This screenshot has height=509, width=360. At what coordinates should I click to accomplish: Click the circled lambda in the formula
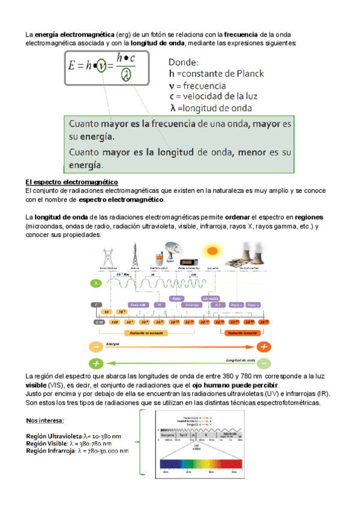[x=126, y=74]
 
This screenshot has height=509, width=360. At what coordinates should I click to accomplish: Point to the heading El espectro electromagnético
[x=71, y=182]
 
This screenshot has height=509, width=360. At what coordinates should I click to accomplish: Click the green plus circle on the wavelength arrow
[x=95, y=363]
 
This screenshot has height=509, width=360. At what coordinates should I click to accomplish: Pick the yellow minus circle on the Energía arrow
[x=95, y=346]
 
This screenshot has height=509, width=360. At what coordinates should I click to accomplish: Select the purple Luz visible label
[x=211, y=298]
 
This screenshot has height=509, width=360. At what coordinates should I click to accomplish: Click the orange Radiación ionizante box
[x=241, y=331]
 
